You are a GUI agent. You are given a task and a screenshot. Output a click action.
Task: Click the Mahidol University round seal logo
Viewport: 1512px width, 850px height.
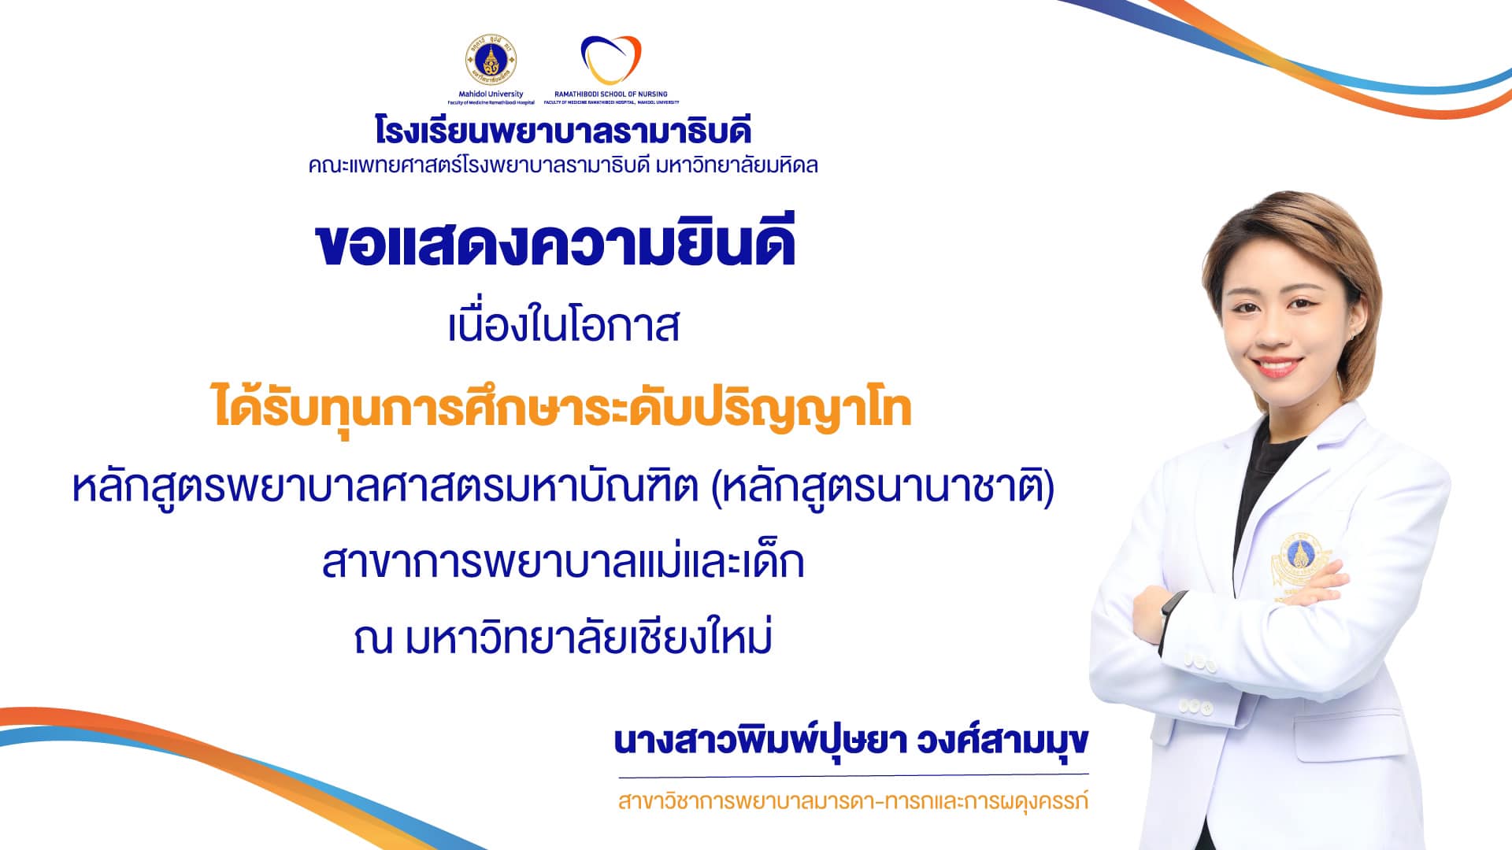[491, 61]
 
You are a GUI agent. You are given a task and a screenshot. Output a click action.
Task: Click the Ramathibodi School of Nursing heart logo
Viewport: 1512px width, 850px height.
[611, 60]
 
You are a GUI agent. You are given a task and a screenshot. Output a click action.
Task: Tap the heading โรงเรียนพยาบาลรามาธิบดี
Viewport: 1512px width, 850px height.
[563, 130]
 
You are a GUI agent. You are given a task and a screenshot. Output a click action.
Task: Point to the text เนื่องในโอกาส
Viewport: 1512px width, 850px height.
[563, 324]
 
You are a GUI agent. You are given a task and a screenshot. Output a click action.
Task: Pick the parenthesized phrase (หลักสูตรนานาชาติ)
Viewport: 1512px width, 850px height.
[883, 488]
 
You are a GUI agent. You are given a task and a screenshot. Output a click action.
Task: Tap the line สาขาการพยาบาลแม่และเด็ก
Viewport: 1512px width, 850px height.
[563, 562]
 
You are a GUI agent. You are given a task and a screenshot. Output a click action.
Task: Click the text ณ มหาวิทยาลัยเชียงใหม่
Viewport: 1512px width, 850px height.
[563, 637]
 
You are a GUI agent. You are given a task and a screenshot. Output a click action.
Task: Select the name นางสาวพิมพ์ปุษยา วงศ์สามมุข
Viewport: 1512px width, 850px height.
[851, 741]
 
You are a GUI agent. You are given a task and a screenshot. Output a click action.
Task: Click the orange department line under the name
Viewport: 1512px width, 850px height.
[853, 802]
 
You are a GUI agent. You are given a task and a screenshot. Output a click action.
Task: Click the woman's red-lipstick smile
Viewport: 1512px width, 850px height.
[1273, 367]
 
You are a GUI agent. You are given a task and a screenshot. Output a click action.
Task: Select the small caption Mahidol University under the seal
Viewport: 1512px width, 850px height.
[491, 94]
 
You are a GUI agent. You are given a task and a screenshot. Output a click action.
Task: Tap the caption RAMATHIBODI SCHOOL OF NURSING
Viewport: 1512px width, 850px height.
[611, 94]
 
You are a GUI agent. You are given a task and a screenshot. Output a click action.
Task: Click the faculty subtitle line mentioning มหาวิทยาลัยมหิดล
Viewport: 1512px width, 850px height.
[563, 165]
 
